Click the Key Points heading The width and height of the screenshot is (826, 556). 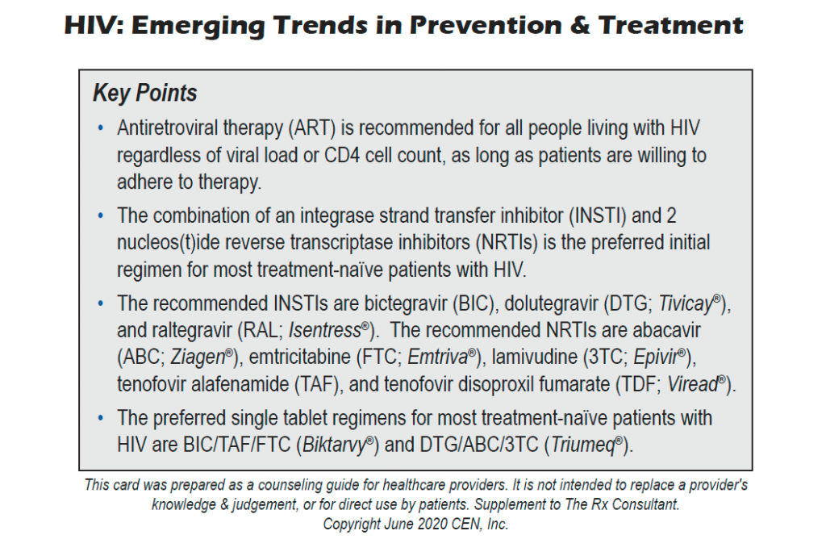click(145, 94)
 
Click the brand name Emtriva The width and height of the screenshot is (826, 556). click(440, 357)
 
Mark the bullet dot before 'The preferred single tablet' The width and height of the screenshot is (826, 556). click(100, 418)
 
